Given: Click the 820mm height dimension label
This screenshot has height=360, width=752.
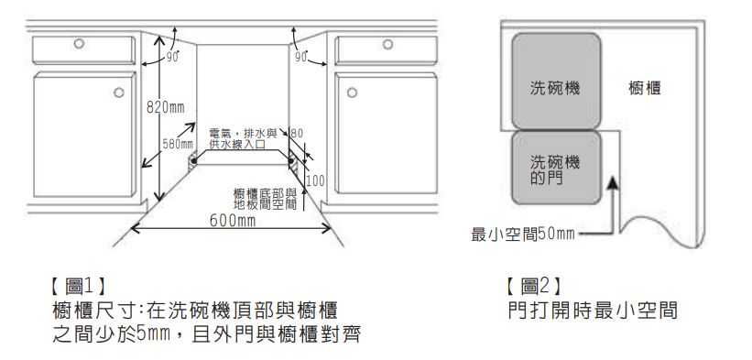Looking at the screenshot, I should (165, 108).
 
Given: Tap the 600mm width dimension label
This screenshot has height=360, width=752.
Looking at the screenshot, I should (232, 221).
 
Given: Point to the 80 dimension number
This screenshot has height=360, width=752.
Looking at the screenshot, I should (297, 135).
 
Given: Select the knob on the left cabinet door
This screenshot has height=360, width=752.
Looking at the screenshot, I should (119, 92).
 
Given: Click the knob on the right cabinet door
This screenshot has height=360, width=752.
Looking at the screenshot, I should (349, 92).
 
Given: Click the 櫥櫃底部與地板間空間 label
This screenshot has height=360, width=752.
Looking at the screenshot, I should (266, 198).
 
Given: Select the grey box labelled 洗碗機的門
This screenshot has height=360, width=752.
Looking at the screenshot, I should (557, 169).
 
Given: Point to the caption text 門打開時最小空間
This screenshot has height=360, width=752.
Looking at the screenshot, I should (593, 311).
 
